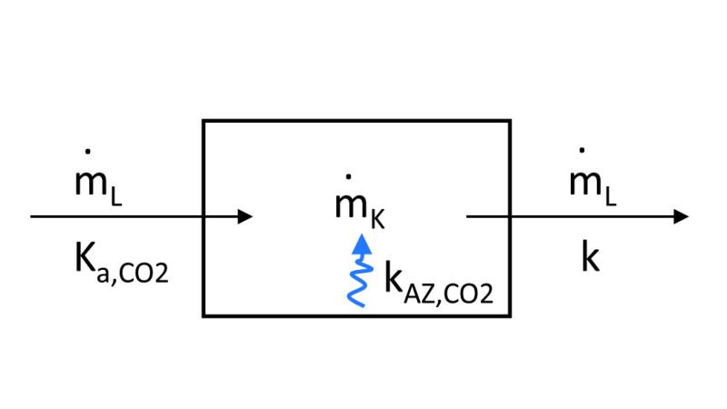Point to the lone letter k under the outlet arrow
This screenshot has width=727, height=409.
[x=591, y=258]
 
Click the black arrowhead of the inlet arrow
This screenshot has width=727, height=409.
[x=244, y=216]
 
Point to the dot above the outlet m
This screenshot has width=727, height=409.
[x=582, y=148]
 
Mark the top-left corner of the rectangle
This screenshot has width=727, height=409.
[x=204, y=120]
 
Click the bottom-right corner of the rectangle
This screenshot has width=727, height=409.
[x=509, y=315]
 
